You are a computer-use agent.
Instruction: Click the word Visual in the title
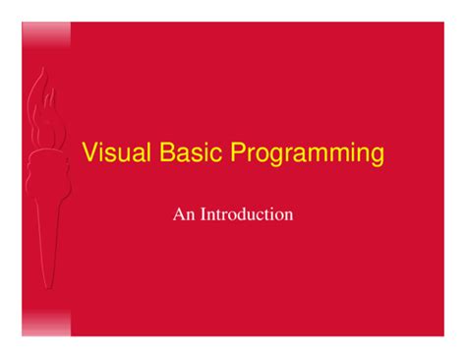coord(116,151)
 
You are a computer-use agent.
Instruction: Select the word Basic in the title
coord(191,151)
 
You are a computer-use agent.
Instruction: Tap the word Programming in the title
coord(307,153)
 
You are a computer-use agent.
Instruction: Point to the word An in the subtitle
coord(184,214)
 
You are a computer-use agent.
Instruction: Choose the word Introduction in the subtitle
coord(247,214)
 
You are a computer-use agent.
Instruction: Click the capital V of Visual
coord(90,151)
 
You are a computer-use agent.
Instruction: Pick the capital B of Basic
coord(167,151)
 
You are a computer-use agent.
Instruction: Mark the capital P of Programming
coord(238,151)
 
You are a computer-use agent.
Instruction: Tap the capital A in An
coord(179,214)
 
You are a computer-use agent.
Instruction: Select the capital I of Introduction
coord(204,214)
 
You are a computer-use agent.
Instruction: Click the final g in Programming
coord(378,156)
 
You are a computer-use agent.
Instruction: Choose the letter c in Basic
coord(217,154)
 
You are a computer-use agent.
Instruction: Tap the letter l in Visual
coord(148,151)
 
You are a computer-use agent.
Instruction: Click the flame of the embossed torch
coord(44,108)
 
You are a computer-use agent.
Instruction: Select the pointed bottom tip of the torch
coord(48,288)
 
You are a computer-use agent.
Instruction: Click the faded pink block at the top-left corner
coord(46,35)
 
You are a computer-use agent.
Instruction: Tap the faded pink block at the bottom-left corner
coord(46,324)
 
